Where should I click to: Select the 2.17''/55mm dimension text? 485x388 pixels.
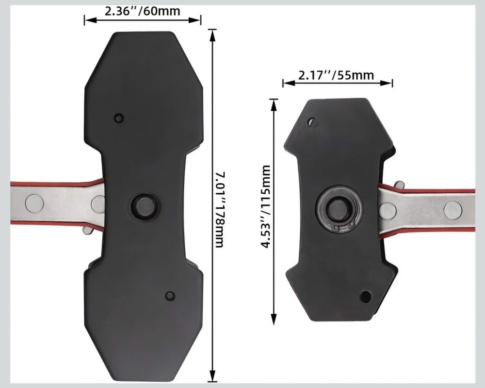click(336, 75)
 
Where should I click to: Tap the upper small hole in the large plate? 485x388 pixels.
click(118, 118)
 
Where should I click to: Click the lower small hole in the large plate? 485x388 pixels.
click(170, 296)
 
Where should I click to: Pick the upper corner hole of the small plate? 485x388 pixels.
click(311, 122)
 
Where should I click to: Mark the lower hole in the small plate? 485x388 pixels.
click(365, 296)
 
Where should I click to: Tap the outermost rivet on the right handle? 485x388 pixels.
click(453, 209)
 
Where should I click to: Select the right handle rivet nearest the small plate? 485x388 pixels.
click(388, 210)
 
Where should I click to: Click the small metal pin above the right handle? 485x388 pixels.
click(399, 185)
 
